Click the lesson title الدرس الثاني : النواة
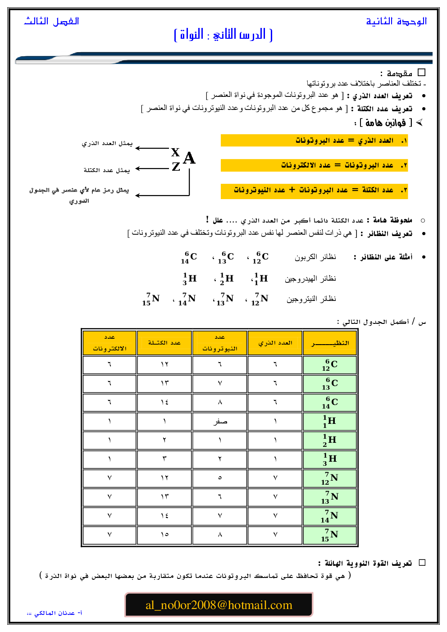(x=223, y=35)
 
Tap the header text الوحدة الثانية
(x=396, y=21)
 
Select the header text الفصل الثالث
(x=51, y=21)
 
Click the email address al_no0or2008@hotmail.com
(x=219, y=605)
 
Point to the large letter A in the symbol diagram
(x=189, y=158)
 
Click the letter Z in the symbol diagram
(x=176, y=167)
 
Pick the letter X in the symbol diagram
(x=175, y=152)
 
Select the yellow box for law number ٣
(x=314, y=191)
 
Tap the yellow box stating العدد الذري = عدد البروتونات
(x=314, y=141)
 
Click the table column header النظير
(x=330, y=343)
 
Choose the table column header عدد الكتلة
(x=164, y=343)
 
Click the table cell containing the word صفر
(x=220, y=422)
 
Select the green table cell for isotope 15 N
(x=330, y=535)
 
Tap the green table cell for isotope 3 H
(x=330, y=459)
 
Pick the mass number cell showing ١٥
(x=164, y=535)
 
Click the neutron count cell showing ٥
(x=220, y=478)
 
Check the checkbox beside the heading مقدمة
(x=422, y=73)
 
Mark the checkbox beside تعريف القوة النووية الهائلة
(x=422, y=563)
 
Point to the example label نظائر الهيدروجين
(x=310, y=279)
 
